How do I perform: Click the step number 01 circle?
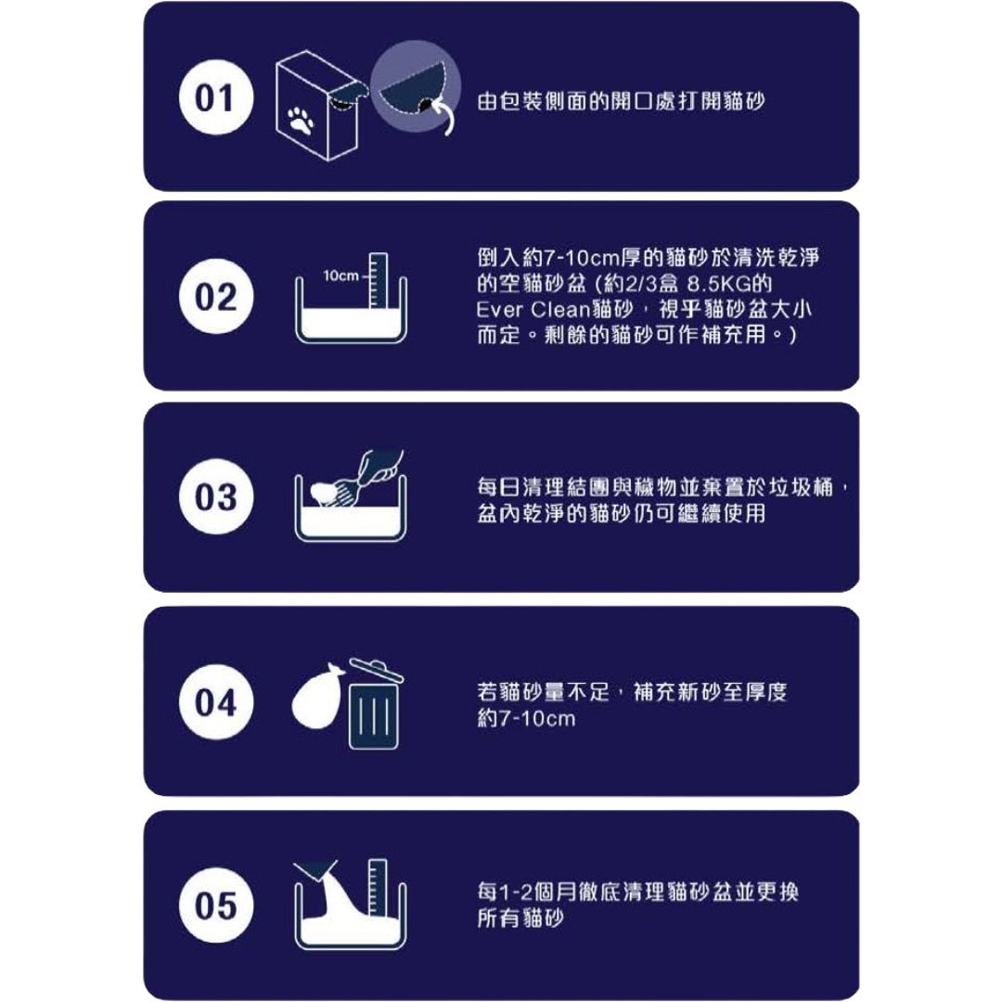pyautogui.click(x=216, y=97)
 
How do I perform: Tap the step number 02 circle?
pyautogui.click(x=216, y=297)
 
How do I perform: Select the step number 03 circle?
pyautogui.click(x=216, y=496)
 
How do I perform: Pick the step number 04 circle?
pyautogui.click(x=216, y=701)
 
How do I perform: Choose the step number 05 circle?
pyautogui.click(x=216, y=905)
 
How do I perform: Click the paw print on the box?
pyautogui.click(x=301, y=120)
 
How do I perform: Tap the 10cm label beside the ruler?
pyautogui.click(x=340, y=276)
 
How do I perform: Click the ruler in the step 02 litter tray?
pyautogui.click(x=378, y=280)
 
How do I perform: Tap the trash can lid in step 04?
pyautogui.click(x=376, y=671)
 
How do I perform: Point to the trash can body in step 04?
pyautogui.click(x=374, y=716)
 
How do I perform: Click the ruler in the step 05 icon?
pyautogui.click(x=378, y=888)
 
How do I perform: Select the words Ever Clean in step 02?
pyautogui.click(x=533, y=310)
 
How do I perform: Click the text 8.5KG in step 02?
pyautogui.click(x=715, y=284)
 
